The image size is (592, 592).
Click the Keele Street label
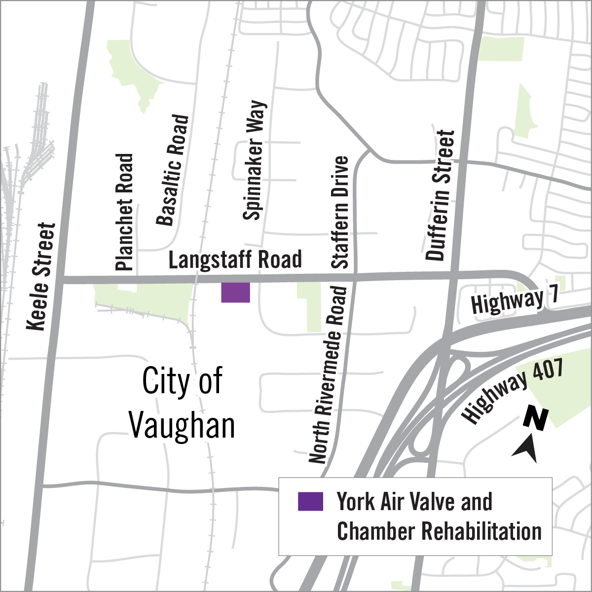(41, 277)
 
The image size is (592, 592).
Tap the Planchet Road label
(124, 212)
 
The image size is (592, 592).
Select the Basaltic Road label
(173, 170)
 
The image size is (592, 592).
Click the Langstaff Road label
(235, 259)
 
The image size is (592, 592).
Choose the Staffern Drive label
(340, 212)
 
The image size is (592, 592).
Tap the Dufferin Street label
(440, 195)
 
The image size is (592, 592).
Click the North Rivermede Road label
(329, 375)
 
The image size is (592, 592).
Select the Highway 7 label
(515, 300)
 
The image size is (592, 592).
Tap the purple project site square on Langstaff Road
(235, 292)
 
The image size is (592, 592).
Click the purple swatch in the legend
(310, 501)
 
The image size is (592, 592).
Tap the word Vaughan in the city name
(182, 425)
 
